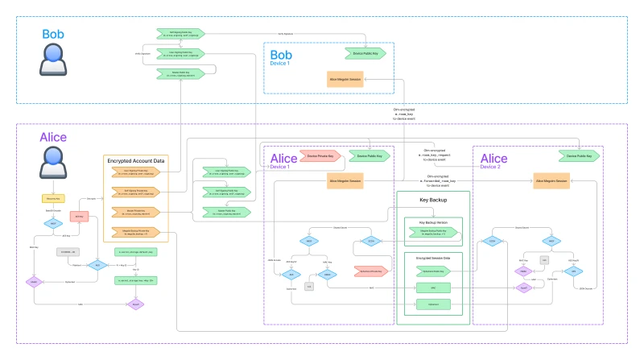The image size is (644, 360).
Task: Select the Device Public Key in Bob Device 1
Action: pos(364,53)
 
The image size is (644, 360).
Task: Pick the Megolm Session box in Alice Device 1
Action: pos(345,182)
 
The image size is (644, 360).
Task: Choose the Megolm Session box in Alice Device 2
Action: pos(557,182)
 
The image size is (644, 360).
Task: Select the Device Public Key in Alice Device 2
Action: pos(580,155)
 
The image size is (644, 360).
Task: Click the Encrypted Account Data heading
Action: pos(136,161)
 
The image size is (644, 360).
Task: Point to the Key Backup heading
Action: pos(432,198)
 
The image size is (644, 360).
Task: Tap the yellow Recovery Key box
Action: pos(52,197)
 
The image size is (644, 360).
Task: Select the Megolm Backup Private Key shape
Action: pos(135,233)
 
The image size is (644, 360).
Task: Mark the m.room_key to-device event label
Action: pos(409,115)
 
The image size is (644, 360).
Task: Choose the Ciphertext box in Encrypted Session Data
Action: pos(432,304)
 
